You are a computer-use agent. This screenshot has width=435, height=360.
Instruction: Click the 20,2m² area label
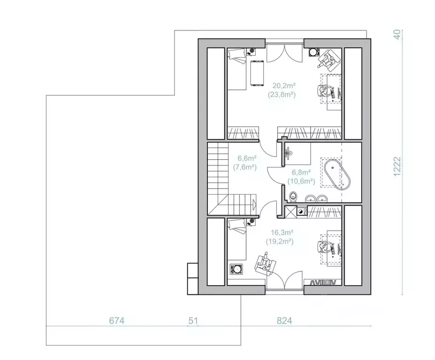coord(282,85)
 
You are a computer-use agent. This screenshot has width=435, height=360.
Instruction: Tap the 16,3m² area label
coord(279,232)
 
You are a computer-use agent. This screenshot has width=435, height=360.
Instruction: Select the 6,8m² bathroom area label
coord(301,172)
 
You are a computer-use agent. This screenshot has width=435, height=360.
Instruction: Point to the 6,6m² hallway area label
coord(247,158)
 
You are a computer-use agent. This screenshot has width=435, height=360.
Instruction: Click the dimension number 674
coord(117,321)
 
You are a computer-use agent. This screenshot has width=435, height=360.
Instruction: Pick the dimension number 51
coord(193,321)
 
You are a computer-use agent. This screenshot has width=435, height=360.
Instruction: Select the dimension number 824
coord(284,321)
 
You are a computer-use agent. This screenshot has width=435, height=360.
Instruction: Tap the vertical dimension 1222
coord(397,166)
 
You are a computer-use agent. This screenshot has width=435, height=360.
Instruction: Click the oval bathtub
coord(337,174)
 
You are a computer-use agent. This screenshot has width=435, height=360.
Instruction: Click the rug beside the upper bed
coord(257,74)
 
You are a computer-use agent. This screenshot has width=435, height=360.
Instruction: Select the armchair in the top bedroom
coord(328,59)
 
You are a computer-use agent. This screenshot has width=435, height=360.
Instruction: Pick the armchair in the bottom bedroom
coord(265,264)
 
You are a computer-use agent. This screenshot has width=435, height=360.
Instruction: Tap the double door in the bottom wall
coord(284,280)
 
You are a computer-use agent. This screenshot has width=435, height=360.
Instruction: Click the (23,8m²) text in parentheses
coord(282,95)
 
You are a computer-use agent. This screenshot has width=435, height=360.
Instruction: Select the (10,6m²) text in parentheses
coord(301,181)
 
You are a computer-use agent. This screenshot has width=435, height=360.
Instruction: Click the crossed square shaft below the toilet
coord(291,212)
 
